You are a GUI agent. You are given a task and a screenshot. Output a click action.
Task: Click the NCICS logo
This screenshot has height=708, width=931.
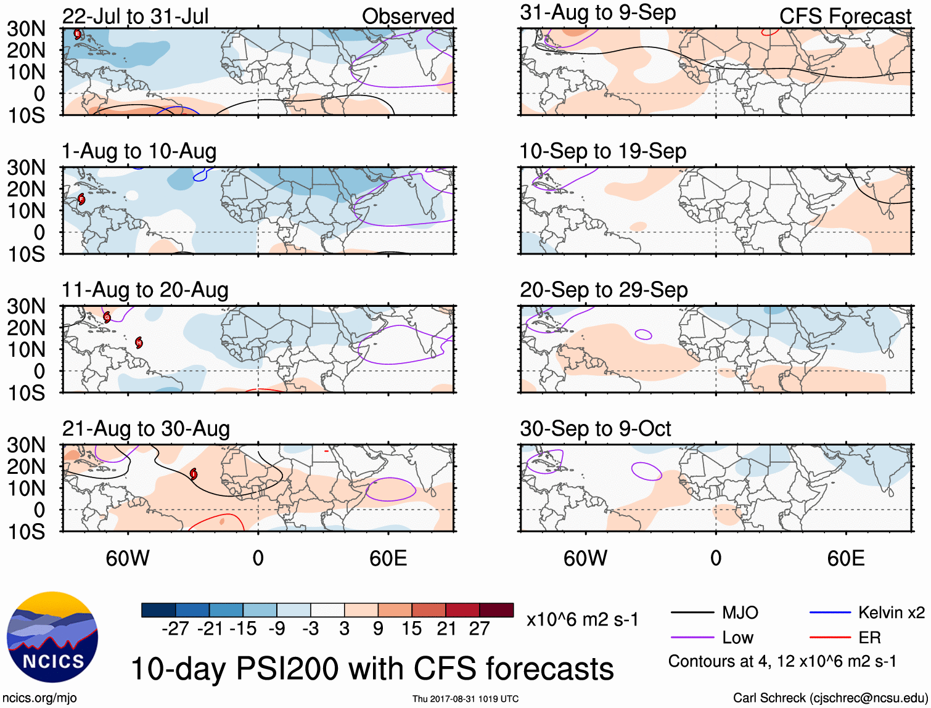click(x=52, y=637)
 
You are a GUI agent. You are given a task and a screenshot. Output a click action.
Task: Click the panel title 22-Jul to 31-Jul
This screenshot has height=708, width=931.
click(x=135, y=16)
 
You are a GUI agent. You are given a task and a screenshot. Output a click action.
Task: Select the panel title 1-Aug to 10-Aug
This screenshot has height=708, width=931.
click(x=139, y=152)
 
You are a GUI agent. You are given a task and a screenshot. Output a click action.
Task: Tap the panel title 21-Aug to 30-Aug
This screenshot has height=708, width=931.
click(x=146, y=429)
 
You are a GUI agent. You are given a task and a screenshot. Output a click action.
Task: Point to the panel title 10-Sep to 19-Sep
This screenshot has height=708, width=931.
click(x=602, y=152)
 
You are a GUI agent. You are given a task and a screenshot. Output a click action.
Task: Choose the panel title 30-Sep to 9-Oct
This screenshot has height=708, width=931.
click(x=595, y=429)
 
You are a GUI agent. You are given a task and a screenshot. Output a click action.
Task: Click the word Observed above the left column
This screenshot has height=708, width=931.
click(x=408, y=16)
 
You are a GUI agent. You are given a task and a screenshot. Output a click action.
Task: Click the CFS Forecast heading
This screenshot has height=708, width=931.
click(x=845, y=16)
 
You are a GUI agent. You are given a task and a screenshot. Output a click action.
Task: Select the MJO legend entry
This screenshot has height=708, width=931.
click(x=740, y=612)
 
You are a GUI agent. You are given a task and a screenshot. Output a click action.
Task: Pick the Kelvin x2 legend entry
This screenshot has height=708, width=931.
click(x=891, y=612)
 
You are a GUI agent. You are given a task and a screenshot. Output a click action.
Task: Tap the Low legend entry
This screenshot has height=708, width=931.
click(x=737, y=638)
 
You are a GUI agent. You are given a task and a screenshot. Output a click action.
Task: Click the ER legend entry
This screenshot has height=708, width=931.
click(x=869, y=638)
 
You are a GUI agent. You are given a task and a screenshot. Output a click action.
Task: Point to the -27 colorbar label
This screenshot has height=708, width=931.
click(x=175, y=629)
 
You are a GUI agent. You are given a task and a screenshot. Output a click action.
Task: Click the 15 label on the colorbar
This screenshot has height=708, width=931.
click(x=412, y=629)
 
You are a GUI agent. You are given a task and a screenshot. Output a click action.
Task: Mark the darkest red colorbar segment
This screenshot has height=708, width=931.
click(x=496, y=610)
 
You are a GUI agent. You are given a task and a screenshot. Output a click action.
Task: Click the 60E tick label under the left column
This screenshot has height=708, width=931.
click(x=388, y=558)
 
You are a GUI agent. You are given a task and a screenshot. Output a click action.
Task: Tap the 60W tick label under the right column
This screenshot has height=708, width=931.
click(x=585, y=558)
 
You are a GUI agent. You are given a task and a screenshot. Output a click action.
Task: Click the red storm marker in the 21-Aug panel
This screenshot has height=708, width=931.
click(x=194, y=474)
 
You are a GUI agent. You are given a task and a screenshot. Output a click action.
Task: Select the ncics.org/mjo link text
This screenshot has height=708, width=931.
click(x=39, y=698)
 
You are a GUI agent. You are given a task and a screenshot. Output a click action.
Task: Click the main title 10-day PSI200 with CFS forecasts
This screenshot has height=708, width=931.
click(x=372, y=669)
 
